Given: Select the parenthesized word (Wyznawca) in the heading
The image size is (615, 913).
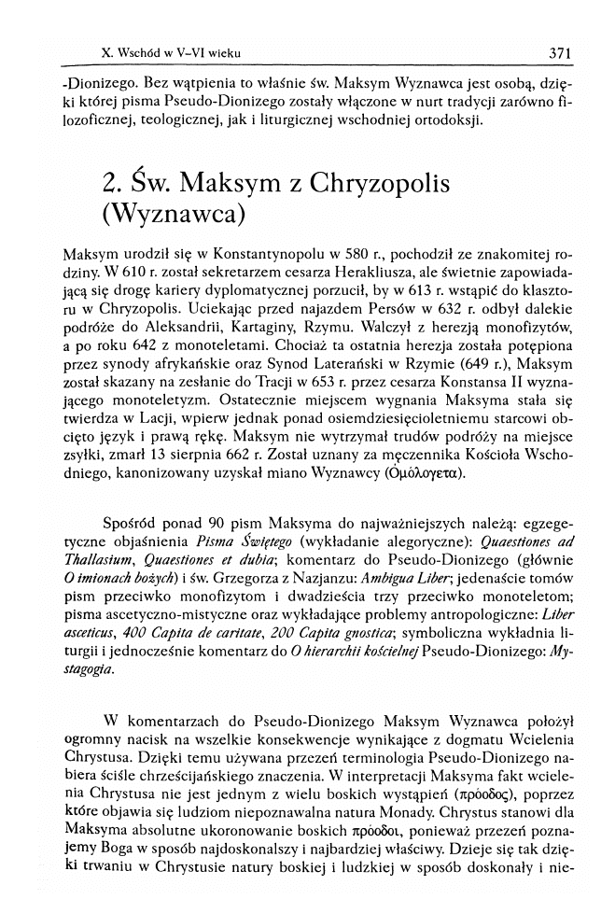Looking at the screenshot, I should pos(173,216).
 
